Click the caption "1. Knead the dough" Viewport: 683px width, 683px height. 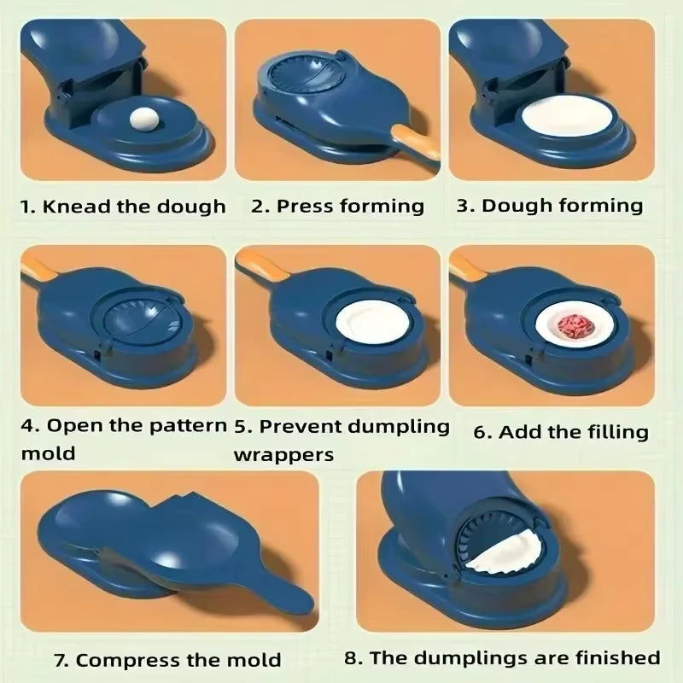tap(124, 207)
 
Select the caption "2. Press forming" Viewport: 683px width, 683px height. tap(338, 206)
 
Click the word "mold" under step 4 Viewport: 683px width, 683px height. tap(48, 453)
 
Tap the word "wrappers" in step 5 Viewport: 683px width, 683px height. tap(284, 453)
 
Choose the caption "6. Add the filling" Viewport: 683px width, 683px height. tap(561, 432)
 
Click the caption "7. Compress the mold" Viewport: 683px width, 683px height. tap(166, 660)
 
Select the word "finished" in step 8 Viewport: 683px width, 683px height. tap(615, 657)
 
